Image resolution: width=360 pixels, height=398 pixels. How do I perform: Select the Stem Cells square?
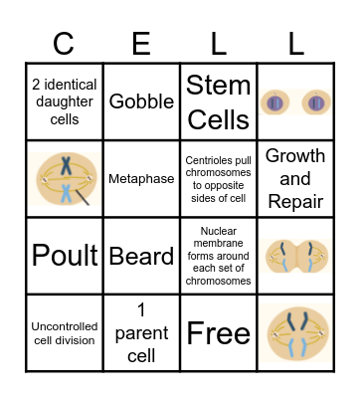[218, 102]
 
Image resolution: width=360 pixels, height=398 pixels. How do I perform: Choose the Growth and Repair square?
[295, 180]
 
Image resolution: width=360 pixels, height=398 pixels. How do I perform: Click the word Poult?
[64, 256]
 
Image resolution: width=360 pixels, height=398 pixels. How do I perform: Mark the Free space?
[218, 332]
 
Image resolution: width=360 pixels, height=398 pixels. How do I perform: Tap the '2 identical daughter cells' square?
[64, 102]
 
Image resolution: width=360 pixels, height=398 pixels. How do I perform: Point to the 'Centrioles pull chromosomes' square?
[218, 180]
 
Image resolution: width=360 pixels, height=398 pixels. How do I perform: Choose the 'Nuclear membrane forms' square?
[218, 256]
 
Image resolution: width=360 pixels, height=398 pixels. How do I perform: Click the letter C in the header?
[64, 43]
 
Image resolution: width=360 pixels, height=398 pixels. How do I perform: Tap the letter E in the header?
[140, 43]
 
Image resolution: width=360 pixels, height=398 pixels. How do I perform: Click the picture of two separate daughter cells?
[295, 102]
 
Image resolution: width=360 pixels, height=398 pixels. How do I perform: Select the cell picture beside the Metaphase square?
[64, 180]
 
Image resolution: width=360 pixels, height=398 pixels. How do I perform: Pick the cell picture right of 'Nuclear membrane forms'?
[295, 256]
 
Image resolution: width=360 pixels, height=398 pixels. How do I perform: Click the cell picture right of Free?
[295, 332]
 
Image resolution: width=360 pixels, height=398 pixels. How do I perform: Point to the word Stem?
[218, 85]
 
